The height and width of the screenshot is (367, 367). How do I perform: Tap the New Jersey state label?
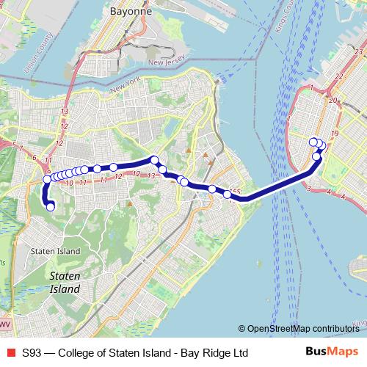click(x=165, y=63)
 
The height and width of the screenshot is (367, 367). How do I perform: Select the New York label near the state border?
click(x=125, y=90)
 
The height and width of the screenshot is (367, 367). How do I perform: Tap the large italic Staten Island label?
click(x=65, y=283)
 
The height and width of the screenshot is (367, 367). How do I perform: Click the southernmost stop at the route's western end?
click(x=51, y=207)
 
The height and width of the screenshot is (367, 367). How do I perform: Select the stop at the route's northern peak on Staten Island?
click(x=155, y=159)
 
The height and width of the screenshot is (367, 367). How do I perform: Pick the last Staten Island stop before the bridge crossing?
click(x=228, y=195)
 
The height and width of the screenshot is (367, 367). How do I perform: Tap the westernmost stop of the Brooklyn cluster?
click(x=313, y=142)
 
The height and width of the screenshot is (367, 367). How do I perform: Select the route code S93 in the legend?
click(x=32, y=352)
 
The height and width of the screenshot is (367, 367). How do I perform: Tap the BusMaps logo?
click(x=333, y=352)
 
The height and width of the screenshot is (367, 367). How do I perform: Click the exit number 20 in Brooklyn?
click(x=333, y=100)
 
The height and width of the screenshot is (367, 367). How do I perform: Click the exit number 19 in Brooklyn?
click(x=334, y=132)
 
